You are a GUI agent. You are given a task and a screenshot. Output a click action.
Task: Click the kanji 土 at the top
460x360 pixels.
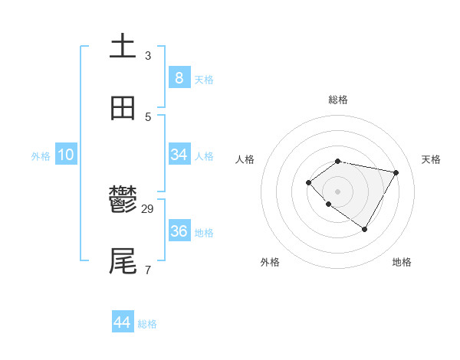pos(123,46)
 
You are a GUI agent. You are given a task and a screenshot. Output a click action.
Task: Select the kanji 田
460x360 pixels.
pos(123,109)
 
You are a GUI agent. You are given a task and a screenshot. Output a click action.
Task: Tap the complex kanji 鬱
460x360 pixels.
pos(123,201)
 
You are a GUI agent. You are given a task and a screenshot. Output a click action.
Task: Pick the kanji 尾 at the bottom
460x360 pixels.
pos(123,261)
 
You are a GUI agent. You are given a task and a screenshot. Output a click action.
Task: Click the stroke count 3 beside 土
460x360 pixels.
pos(148,55)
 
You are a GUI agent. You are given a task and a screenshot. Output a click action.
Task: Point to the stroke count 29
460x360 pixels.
pos(148,209)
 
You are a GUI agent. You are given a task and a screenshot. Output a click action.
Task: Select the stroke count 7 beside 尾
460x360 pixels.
pos(148,270)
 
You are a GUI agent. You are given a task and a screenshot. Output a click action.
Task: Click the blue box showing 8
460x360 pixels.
pos(179,77)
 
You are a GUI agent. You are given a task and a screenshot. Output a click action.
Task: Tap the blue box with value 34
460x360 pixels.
pos(179,155)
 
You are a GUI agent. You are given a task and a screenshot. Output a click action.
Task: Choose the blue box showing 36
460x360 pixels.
pos(179,231)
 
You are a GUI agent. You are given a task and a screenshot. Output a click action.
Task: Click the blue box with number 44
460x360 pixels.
pos(123,322)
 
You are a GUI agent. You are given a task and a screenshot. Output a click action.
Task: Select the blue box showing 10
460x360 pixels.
pos(66,155)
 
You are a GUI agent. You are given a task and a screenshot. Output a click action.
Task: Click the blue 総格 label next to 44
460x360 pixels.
pos(147,324)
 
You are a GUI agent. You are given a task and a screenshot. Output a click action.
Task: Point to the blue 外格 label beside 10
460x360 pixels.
pos(41,156)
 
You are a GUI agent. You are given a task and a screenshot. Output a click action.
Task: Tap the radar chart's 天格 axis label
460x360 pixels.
pos(431,159)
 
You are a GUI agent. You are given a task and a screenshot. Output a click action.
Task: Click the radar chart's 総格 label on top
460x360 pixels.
pos(337,100)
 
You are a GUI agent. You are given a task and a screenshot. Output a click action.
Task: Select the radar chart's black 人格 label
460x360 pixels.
pos(245,159)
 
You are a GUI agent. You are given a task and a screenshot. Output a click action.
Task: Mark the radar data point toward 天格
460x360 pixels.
pos(396,172)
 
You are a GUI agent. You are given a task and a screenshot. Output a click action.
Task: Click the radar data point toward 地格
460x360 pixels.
pos(365,229)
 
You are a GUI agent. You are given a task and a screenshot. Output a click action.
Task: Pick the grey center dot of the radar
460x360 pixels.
pos(337,191)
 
